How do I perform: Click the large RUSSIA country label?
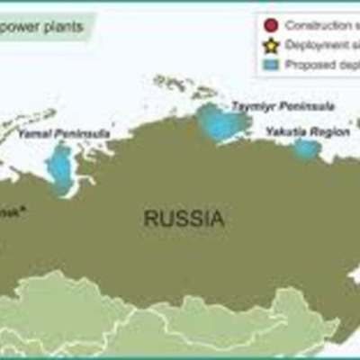184,218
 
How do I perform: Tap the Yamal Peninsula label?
64,133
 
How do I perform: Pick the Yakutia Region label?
307,131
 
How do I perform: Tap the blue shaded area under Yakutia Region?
307,148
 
